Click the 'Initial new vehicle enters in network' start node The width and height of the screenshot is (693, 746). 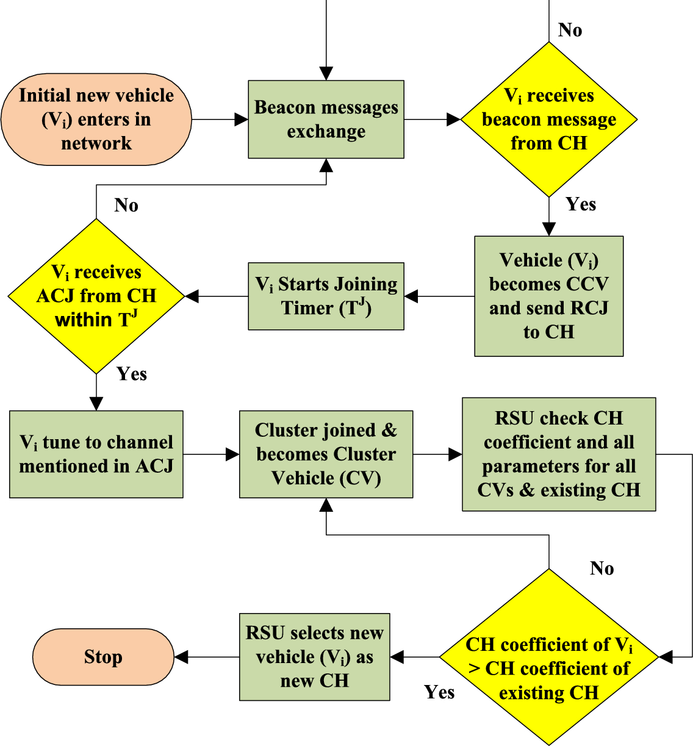point(96,120)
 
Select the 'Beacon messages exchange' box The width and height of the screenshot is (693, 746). point(326,120)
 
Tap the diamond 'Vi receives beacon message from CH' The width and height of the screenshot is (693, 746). point(548,120)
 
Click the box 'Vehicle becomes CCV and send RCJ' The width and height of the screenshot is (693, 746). point(548,296)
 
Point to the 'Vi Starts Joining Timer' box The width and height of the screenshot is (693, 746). point(326,296)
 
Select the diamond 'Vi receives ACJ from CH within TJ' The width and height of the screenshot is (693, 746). point(96,296)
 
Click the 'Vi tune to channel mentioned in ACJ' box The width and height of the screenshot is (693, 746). point(96,454)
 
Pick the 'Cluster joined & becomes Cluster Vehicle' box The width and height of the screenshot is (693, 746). point(326,454)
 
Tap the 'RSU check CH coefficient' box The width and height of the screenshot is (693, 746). point(559,454)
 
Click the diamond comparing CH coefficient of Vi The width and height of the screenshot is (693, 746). point(548,657)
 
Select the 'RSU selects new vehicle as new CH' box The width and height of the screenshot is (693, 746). point(314,657)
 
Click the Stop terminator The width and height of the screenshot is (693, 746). point(103,657)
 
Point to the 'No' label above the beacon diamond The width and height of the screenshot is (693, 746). point(570,30)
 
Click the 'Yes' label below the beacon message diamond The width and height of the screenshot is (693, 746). point(580,204)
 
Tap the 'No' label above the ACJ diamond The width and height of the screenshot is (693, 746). point(126,206)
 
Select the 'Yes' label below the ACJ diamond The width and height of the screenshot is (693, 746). point(131,374)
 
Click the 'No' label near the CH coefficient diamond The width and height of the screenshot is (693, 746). point(601,568)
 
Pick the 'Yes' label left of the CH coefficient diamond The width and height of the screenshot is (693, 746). point(439,692)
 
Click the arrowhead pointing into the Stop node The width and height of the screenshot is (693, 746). point(181,657)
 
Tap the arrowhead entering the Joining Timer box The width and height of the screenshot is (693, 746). point(411,296)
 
